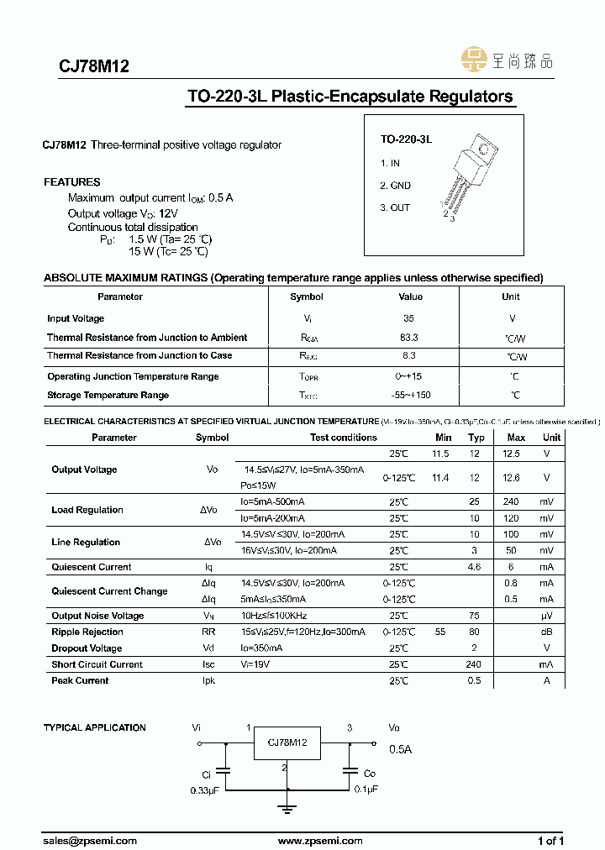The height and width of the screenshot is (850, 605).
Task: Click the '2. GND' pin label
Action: point(395,186)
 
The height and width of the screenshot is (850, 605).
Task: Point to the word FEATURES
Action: point(72,182)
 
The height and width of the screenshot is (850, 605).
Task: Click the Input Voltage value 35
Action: point(409,318)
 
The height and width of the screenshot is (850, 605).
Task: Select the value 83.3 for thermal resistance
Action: point(409,337)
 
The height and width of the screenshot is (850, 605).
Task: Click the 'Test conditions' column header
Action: point(343,438)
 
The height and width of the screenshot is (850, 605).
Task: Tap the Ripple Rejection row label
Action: point(87,632)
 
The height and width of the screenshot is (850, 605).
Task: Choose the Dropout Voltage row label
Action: point(87,648)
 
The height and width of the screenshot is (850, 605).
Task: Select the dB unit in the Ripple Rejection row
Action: point(546,632)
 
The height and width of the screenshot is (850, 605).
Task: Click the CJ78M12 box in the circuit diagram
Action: point(287,743)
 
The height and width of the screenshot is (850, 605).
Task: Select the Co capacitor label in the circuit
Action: point(370,774)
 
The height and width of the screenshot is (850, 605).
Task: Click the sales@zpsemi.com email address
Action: point(90,841)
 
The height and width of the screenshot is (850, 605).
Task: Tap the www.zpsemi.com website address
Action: point(320,841)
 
